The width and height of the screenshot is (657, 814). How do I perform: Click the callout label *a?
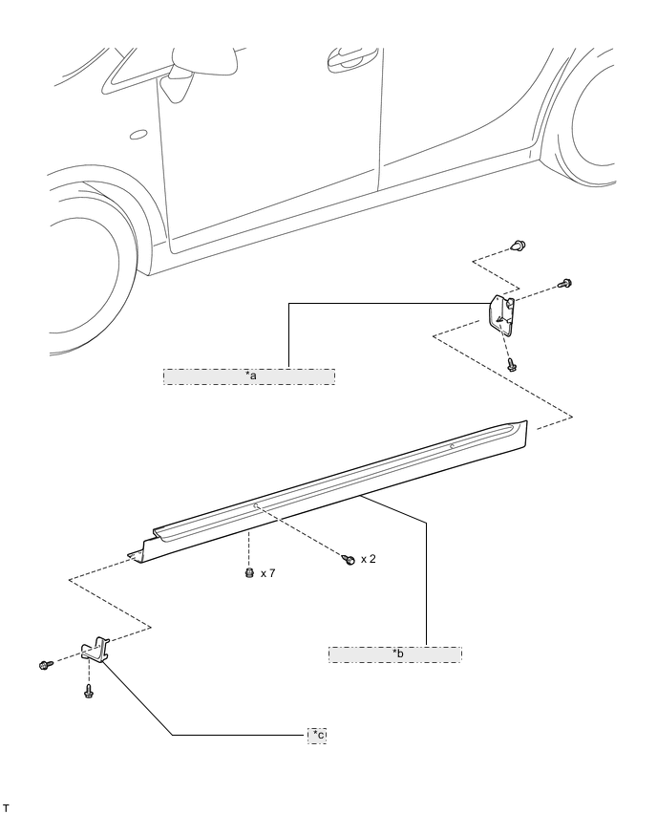[x=250, y=375]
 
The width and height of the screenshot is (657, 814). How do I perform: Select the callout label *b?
[x=395, y=653]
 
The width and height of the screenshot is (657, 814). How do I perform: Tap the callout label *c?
[x=318, y=734]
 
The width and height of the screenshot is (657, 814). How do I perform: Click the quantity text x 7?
[x=268, y=574]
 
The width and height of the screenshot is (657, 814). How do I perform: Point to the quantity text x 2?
[x=368, y=558]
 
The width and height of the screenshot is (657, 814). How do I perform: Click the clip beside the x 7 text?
[x=249, y=574]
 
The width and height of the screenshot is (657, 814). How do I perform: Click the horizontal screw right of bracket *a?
[x=564, y=283]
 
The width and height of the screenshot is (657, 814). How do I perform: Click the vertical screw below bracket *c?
[x=88, y=691]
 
